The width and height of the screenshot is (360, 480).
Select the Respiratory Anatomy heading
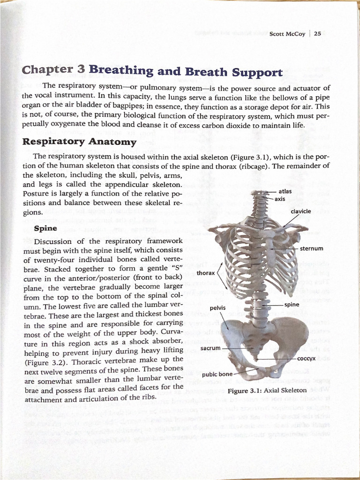pyautogui.click(x=80, y=141)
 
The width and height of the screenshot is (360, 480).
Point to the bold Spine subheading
pyautogui.click(x=46, y=228)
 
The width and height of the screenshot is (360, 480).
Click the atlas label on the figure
pyautogui.click(x=285, y=191)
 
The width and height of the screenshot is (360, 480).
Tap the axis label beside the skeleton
pyautogui.click(x=280, y=199)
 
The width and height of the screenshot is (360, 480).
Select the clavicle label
pyautogui.click(x=300, y=211)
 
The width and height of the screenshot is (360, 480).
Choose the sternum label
pyautogui.click(x=311, y=248)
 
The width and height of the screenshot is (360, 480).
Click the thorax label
pyautogui.click(x=205, y=272)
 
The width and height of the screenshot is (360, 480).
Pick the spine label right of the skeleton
pyautogui.click(x=292, y=304)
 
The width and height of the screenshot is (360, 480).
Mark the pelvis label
pyautogui.click(x=218, y=307)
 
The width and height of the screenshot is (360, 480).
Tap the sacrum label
pyautogui.click(x=210, y=348)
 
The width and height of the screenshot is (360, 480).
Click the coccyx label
pyautogui.click(x=306, y=359)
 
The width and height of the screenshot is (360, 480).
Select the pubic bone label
pyautogui.click(x=217, y=374)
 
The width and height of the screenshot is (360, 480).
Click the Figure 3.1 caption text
pyautogui.click(x=267, y=390)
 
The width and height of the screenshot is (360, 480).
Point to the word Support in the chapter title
pyautogui.click(x=256, y=73)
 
